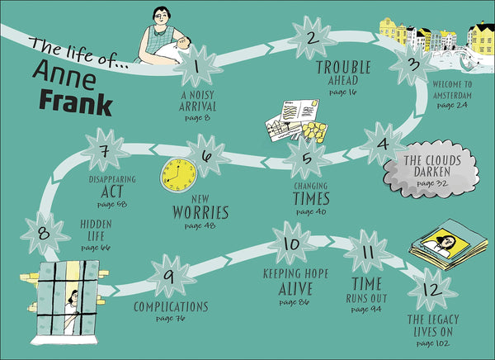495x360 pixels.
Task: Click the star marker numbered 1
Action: (x=197, y=66)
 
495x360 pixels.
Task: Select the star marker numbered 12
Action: (x=432, y=289)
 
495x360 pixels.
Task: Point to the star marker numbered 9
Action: (x=170, y=276)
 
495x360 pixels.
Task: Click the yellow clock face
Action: (x=179, y=175)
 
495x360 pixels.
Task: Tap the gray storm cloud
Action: (x=431, y=171)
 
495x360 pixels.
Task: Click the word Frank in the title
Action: (x=76, y=102)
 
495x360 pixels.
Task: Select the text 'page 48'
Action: (x=200, y=226)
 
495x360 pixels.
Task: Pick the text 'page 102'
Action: (x=432, y=343)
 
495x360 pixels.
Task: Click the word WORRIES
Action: (x=200, y=213)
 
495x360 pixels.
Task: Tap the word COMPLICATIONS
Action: (x=171, y=307)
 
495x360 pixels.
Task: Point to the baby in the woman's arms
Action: (x=173, y=50)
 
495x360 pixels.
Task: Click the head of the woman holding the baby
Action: (x=162, y=17)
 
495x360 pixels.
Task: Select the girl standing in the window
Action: (x=71, y=312)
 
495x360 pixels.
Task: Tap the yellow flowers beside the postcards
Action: (x=315, y=131)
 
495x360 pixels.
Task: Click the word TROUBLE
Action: (x=343, y=68)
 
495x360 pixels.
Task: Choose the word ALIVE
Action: (x=295, y=288)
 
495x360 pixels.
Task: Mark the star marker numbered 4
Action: (x=383, y=144)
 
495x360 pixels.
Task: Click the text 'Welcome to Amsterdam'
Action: (x=452, y=90)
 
